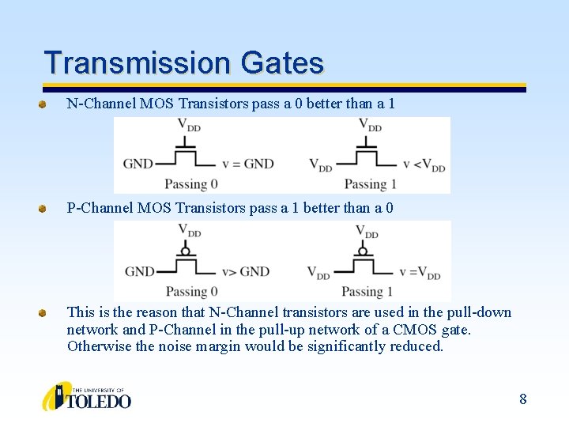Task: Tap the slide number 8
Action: pos(522,399)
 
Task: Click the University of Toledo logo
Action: pos(87,396)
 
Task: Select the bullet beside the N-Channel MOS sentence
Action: pos(46,104)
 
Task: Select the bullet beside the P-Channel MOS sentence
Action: pos(46,208)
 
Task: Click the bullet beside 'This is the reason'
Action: pos(46,313)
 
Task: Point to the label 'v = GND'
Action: pos(247,164)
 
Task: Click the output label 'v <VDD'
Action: pos(424,164)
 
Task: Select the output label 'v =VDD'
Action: pos(420,272)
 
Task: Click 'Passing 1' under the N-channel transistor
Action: pos(365,184)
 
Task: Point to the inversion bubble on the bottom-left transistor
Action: pos(186,251)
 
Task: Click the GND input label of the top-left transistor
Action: pos(138,164)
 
